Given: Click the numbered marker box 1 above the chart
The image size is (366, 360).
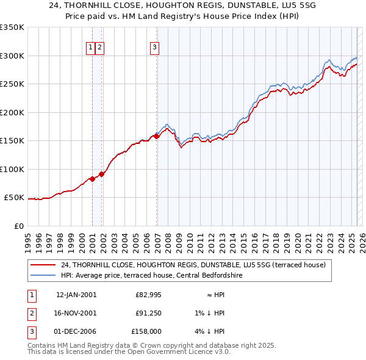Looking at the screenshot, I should point(90,48).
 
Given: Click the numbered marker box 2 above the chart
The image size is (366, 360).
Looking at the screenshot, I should point(99,48).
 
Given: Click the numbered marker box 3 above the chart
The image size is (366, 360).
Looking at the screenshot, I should point(154,48).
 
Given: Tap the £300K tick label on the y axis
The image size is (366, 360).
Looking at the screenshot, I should point(12,56).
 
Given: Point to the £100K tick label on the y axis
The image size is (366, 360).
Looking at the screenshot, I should point(12,169).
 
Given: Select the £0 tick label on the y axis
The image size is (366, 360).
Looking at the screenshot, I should point(18,226).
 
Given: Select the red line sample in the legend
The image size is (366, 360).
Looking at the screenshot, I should point(44,265).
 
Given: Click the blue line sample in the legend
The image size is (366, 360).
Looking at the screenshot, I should point(44,276).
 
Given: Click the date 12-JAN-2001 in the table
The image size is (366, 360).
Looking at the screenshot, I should point(76,295).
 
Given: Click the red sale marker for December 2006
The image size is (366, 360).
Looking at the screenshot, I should point(157,137).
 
